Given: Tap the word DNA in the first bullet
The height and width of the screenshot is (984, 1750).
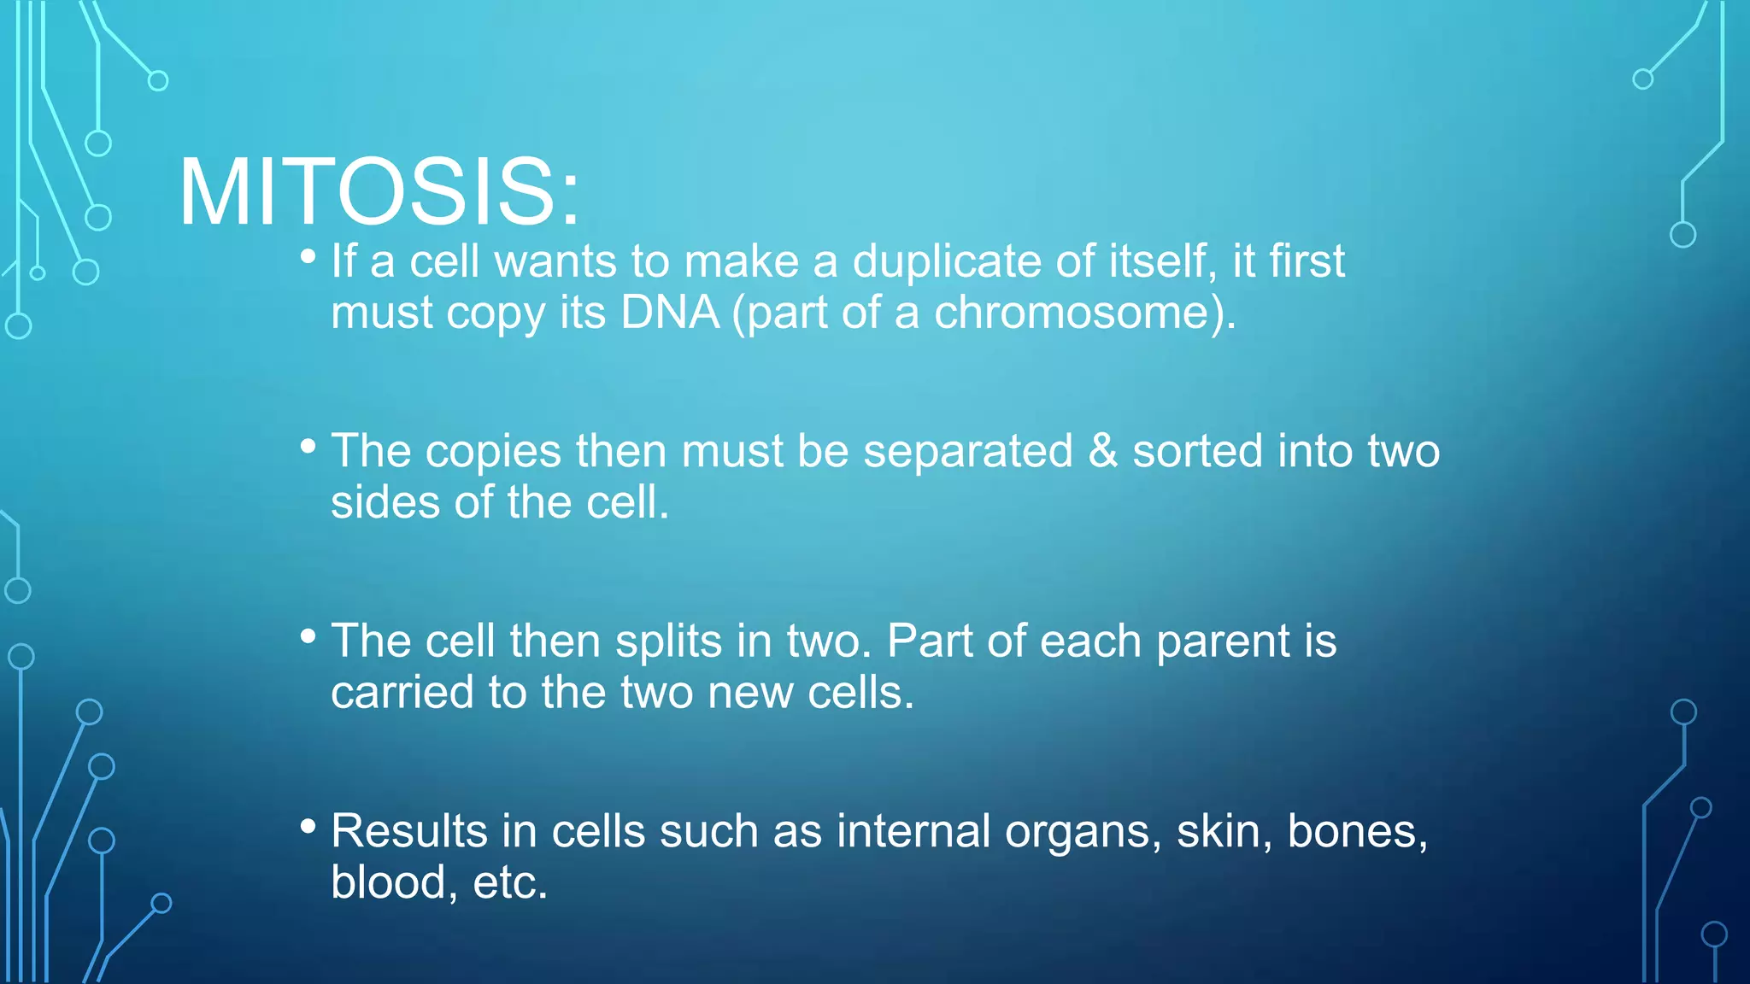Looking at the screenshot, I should [670, 313].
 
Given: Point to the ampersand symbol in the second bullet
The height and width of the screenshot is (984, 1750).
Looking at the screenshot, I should [1102, 450].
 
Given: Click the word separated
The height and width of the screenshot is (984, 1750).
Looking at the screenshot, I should [967, 450].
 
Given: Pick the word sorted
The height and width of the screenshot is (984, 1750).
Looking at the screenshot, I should [1197, 450].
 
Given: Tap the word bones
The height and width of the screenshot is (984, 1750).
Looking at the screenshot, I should [1356, 831].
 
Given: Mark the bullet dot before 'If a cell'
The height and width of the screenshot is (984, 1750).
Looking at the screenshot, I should [308, 255].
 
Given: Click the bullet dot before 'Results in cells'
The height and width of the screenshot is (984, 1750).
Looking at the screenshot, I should [308, 825].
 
